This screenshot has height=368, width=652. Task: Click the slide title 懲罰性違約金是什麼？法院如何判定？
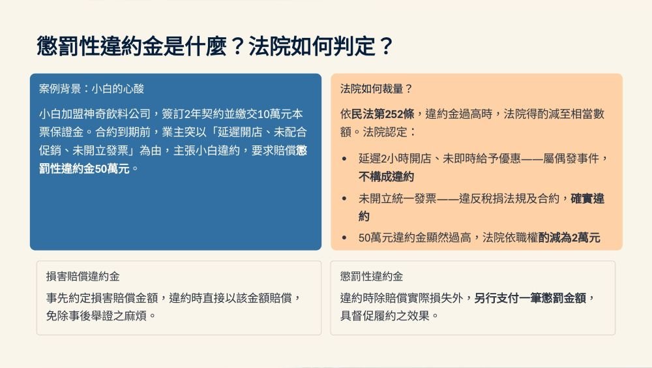click(215, 46)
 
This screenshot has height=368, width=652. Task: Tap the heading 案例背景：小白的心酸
click(91, 89)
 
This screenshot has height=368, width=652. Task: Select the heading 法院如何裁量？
click(376, 89)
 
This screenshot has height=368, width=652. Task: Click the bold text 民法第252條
click(383, 114)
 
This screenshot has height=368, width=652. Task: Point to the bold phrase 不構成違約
click(386, 177)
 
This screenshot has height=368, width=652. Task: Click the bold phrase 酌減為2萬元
click(569, 238)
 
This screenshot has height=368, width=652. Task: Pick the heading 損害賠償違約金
click(83, 277)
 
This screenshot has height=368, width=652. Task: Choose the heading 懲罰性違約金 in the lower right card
click(372, 277)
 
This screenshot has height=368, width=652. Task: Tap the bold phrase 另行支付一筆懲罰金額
click(530, 298)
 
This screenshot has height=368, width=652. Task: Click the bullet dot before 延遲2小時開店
click(344, 159)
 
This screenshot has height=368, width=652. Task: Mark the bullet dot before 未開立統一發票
click(344, 198)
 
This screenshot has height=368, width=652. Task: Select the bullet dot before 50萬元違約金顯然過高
click(344, 238)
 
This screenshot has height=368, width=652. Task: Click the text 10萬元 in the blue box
click(275, 114)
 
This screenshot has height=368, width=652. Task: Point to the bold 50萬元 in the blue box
click(106, 168)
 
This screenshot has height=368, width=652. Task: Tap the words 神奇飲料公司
click(117, 114)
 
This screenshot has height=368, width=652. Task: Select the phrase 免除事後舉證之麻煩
click(96, 316)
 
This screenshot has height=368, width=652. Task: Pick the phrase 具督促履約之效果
click(385, 316)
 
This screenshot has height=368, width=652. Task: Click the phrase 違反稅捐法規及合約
click(509, 198)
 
